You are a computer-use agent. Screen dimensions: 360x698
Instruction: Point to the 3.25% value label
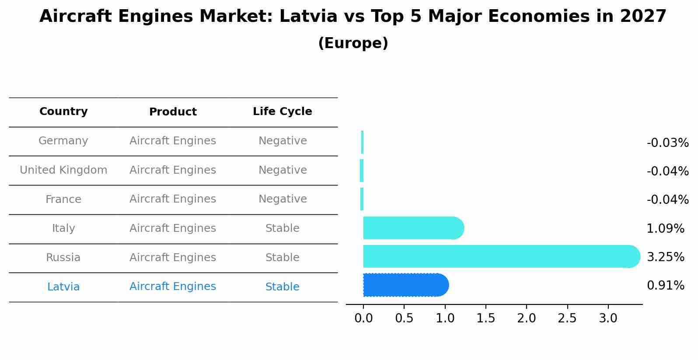[x=665, y=257]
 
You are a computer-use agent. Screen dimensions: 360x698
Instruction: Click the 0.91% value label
[x=665, y=286]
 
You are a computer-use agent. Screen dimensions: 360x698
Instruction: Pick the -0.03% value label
[x=667, y=143]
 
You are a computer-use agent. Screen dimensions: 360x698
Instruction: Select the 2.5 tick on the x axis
[x=567, y=318]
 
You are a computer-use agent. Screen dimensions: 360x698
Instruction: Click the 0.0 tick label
[x=363, y=318]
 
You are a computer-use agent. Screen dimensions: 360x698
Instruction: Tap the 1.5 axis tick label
[x=485, y=318]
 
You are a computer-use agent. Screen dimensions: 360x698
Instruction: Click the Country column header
[x=63, y=112]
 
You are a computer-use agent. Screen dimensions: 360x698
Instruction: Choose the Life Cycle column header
[x=282, y=112]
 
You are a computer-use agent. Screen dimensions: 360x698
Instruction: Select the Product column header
[x=173, y=112]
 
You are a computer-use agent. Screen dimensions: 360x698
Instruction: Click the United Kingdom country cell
[x=63, y=170]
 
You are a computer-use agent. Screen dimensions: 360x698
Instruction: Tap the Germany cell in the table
[x=63, y=141]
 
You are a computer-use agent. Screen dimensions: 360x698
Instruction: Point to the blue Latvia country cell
[x=63, y=287]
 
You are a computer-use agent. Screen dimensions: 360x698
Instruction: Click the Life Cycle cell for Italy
[x=282, y=228]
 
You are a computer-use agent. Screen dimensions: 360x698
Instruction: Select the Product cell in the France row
[x=173, y=199]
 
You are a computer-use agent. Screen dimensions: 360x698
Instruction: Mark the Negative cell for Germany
[x=282, y=141]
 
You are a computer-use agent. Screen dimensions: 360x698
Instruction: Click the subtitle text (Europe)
[x=353, y=43]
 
